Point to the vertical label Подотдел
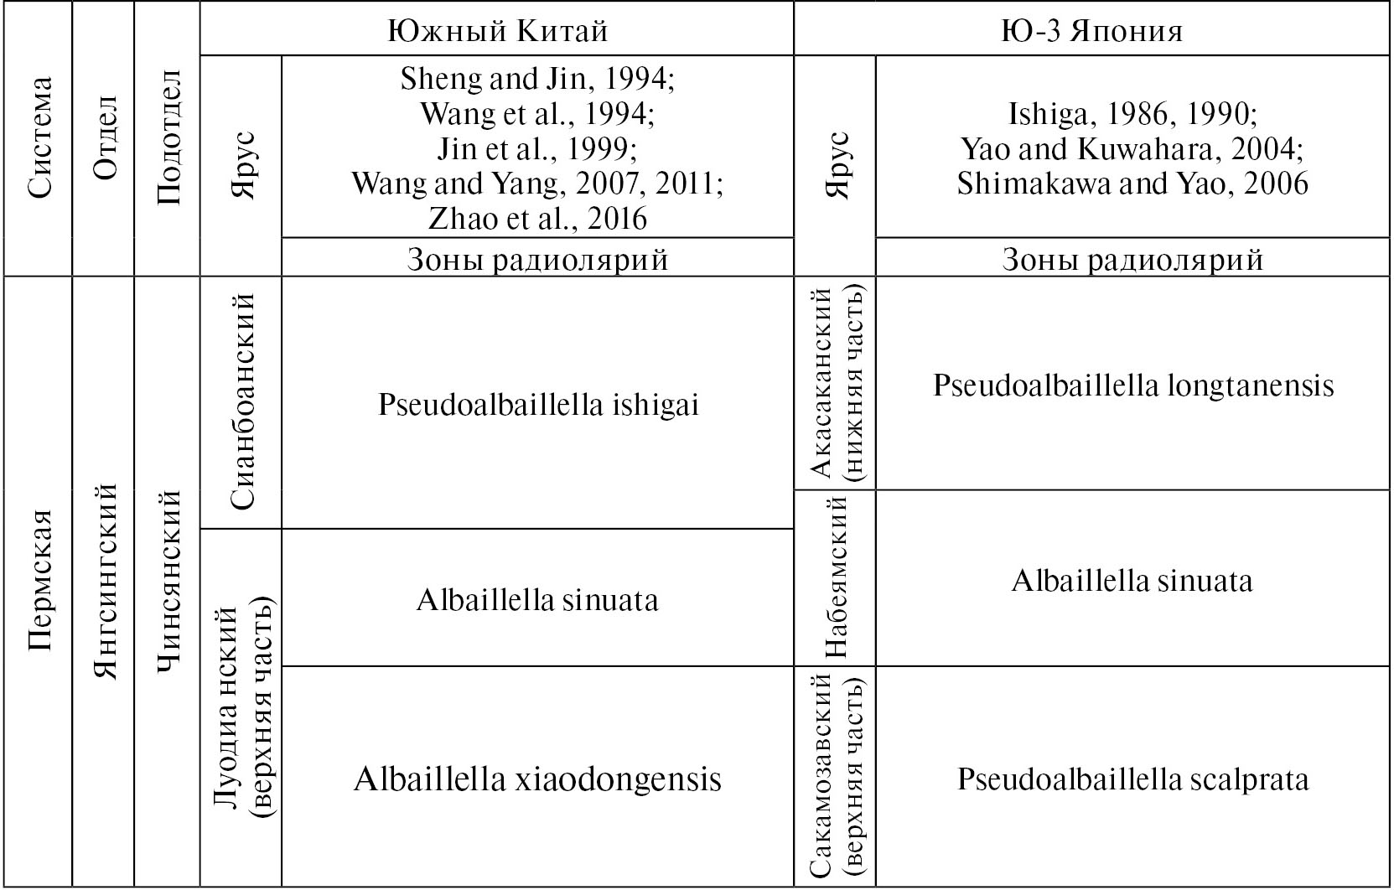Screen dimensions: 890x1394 [168, 137]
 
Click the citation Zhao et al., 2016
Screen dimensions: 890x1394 [537, 219]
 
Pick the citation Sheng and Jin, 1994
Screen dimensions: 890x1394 [537, 79]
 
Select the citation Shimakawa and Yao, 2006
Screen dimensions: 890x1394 [1132, 184]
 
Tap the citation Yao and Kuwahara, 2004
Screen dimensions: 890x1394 [1132, 149]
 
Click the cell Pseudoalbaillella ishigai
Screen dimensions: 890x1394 [537, 405]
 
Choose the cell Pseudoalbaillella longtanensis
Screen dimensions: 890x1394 [1132, 385]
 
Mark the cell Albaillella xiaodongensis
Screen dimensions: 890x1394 [537, 779]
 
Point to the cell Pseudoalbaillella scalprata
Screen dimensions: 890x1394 [1132, 779]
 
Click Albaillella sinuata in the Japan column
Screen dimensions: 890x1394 [1132, 580]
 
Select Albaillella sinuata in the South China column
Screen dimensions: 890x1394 [537, 599]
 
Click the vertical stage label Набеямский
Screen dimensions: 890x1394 [835, 578]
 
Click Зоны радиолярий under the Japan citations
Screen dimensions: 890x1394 [1132, 260]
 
